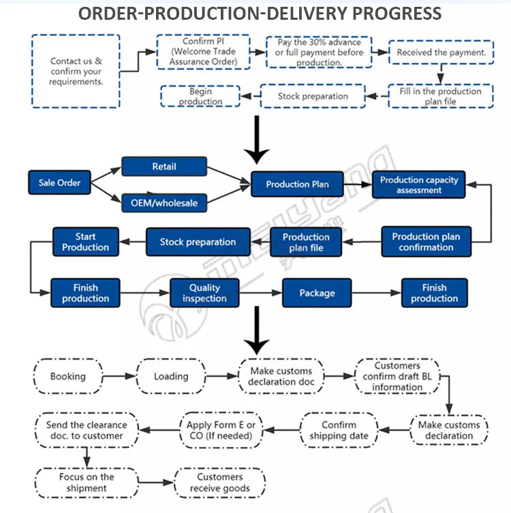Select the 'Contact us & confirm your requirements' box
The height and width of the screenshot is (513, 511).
76,71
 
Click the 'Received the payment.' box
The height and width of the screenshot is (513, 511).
441,52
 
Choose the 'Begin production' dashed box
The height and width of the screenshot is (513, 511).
200,96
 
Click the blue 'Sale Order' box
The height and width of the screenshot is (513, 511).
59,183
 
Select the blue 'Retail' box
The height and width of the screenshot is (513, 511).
164,167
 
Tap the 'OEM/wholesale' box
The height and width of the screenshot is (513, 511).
164,202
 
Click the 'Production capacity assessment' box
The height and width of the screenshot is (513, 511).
419,185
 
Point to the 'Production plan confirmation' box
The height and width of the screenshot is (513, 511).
426,242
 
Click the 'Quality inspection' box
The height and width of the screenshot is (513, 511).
204,293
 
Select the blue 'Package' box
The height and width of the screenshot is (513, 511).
317,293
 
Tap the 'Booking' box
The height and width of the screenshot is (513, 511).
68,376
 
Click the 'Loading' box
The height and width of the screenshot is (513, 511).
171,376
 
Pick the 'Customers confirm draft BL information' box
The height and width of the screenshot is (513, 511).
397,376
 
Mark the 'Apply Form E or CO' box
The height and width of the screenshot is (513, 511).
221,430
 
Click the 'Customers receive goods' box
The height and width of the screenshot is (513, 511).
219,482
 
